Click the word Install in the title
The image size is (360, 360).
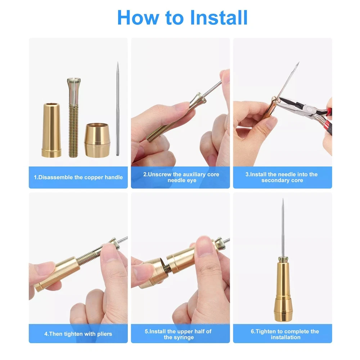click(219, 17)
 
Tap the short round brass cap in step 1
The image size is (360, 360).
click(97, 140)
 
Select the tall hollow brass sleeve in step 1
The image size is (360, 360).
click(51, 130)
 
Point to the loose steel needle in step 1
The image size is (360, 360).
click(118, 109)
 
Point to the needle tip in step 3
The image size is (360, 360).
click(298, 62)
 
